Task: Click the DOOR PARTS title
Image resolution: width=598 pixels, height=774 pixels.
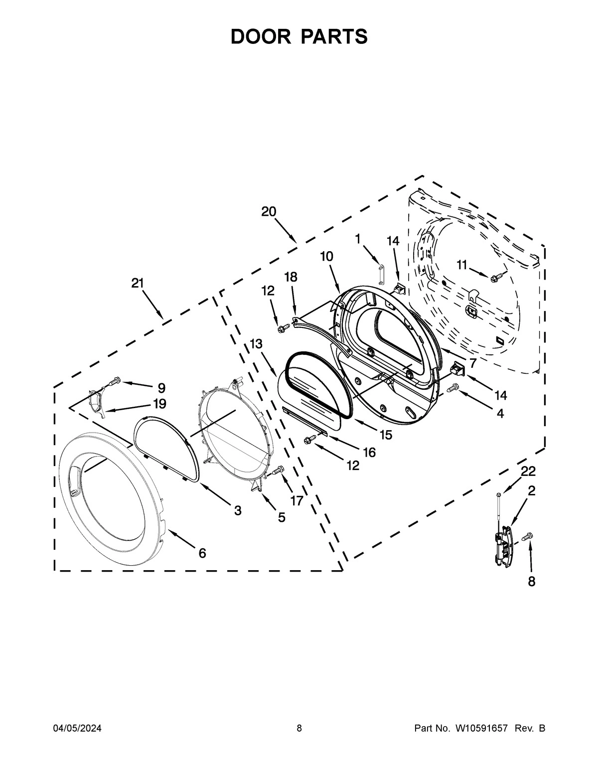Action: (x=299, y=36)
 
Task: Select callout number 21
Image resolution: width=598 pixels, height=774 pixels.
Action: (x=138, y=283)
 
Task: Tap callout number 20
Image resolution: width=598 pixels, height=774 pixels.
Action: (x=269, y=211)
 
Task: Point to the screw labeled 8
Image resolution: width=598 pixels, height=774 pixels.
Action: (x=527, y=537)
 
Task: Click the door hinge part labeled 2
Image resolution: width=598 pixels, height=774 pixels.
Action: (x=503, y=546)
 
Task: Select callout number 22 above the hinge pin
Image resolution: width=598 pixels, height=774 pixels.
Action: (x=528, y=471)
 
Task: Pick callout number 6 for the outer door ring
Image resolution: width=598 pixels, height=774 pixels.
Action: (x=202, y=553)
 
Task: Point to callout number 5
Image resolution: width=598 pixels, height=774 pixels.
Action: (x=282, y=517)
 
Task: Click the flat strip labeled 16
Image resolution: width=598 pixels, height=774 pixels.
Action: (x=304, y=419)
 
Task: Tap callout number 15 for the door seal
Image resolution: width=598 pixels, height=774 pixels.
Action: (x=386, y=435)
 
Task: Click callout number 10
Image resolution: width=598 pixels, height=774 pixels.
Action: (x=327, y=256)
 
